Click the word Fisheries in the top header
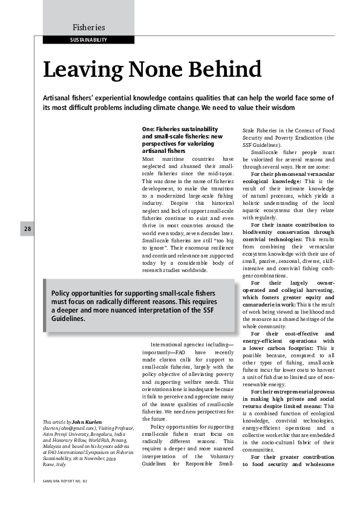88,27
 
